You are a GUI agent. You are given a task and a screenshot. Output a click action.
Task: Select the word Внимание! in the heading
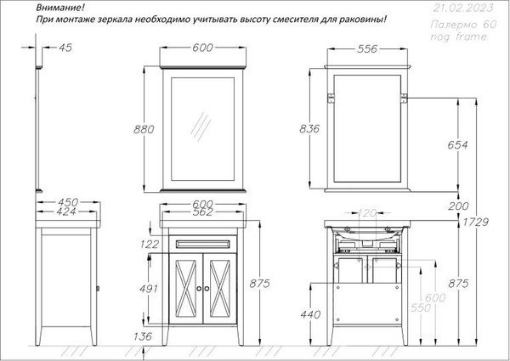[x=60, y=7]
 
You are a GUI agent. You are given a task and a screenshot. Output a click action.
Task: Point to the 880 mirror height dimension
[x=146, y=129]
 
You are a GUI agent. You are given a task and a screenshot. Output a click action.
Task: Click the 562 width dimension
[x=201, y=214]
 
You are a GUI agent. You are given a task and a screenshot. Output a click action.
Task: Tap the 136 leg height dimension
[x=143, y=337]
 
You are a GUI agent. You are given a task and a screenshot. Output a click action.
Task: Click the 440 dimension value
[x=310, y=314]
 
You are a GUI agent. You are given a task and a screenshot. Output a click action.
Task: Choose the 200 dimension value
[x=457, y=207]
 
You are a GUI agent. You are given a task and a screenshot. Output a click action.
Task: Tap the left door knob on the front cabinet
[x=196, y=288]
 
